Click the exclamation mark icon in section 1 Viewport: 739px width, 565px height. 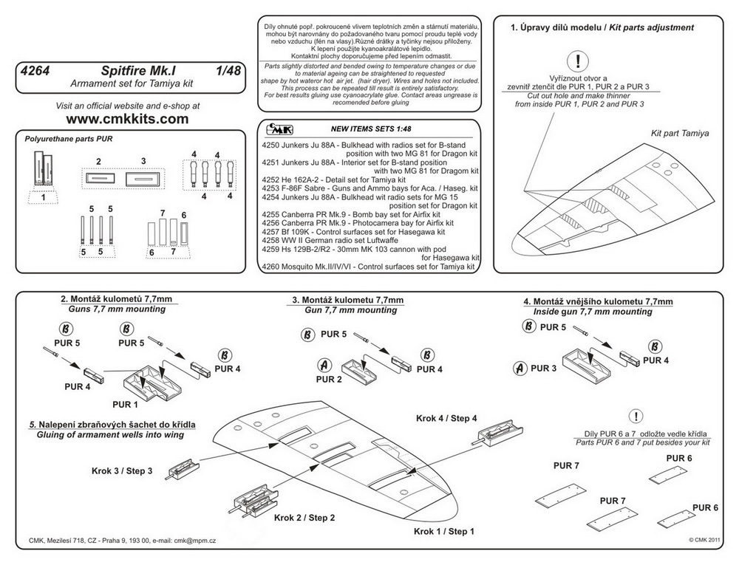579,60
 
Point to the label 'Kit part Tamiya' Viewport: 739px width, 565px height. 679,134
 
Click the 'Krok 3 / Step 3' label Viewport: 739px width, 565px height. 122,470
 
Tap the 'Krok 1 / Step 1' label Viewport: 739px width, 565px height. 444,531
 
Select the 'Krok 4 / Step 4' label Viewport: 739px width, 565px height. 446,418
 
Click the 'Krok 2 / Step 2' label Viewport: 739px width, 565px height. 304,518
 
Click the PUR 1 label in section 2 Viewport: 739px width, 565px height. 126,404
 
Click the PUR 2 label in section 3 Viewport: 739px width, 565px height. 329,379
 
